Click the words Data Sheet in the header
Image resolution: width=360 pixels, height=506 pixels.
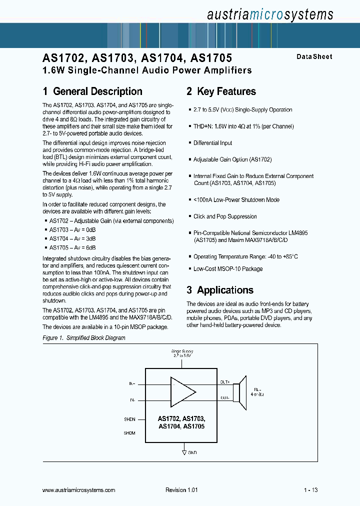point(314,57)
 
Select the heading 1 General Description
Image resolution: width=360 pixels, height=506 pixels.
point(92,91)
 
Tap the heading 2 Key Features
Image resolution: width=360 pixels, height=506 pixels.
point(221,91)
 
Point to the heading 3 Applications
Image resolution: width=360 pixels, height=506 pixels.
point(220,290)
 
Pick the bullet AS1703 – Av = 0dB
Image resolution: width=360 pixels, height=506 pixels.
point(72,229)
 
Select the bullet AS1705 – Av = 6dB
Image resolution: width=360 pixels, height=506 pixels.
point(72,247)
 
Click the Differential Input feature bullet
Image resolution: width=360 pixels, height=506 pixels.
point(212,143)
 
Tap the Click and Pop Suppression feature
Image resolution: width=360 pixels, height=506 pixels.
point(225,216)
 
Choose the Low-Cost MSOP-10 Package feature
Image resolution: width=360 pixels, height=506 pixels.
point(228,268)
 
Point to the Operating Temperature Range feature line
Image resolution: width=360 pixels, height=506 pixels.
point(245,256)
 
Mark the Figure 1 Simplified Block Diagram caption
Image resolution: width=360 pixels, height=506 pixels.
point(84,338)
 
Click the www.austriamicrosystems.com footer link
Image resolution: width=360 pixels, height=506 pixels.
point(79,490)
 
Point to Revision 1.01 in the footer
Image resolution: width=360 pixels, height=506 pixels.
point(181,490)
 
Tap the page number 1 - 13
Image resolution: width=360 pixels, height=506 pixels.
point(310,490)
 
